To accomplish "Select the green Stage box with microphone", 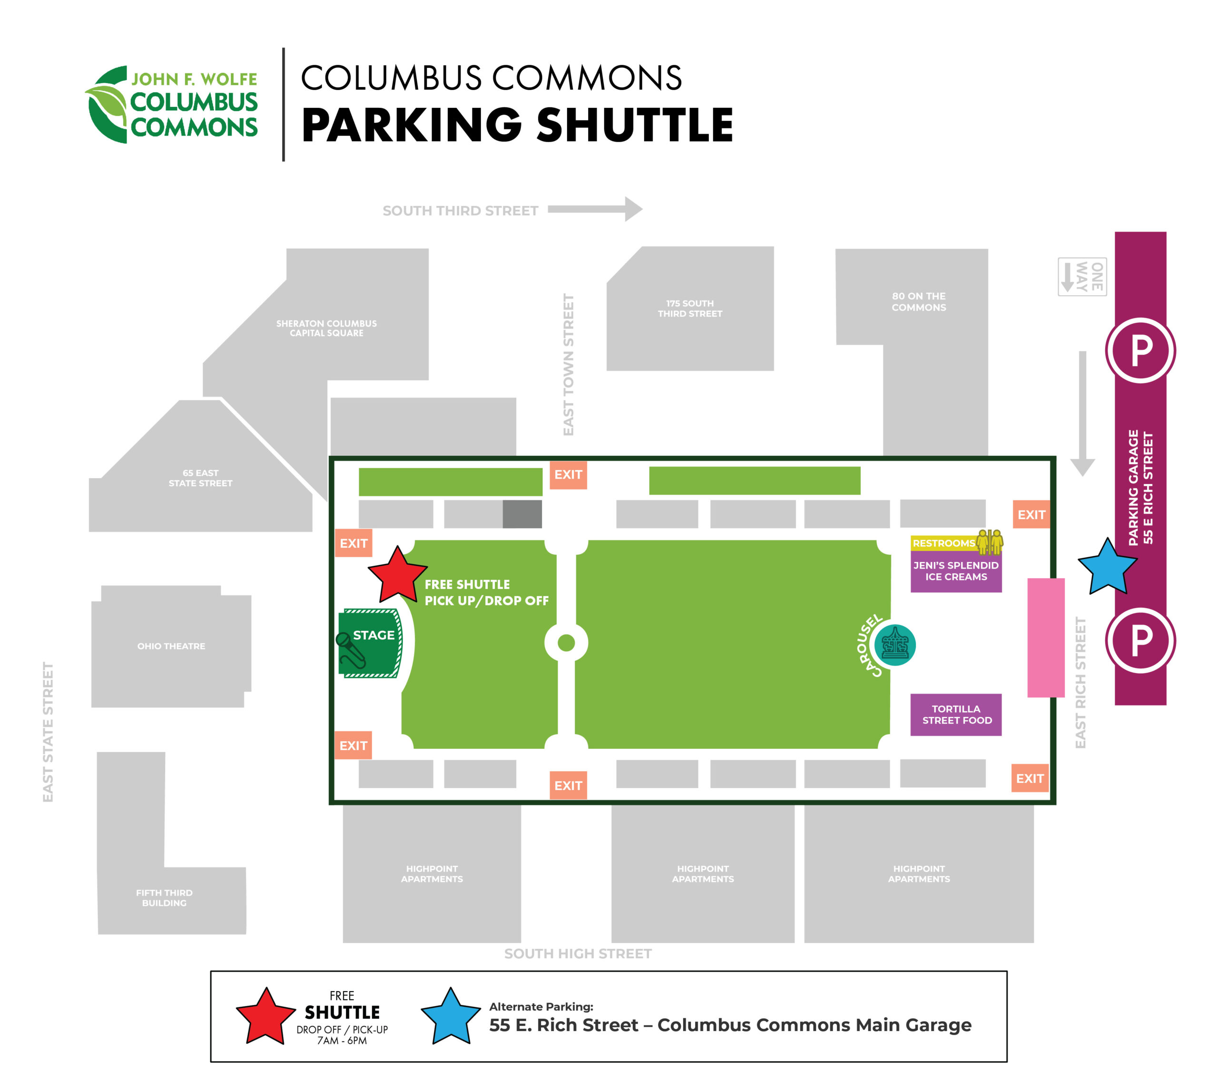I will (x=370, y=643).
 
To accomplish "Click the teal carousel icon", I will (x=895, y=645).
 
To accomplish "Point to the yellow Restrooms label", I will (x=944, y=543).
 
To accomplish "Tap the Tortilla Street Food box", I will (x=956, y=715).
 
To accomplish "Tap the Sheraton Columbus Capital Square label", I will (x=326, y=328).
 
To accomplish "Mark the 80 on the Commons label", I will (x=918, y=302).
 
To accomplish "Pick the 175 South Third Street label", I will (x=690, y=309).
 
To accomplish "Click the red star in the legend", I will (x=266, y=1017).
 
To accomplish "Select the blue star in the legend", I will (x=451, y=1017).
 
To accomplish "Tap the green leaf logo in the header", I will (x=107, y=105).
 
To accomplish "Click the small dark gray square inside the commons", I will (x=522, y=514).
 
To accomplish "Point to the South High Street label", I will (x=578, y=954).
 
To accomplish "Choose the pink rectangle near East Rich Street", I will (x=1046, y=637).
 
